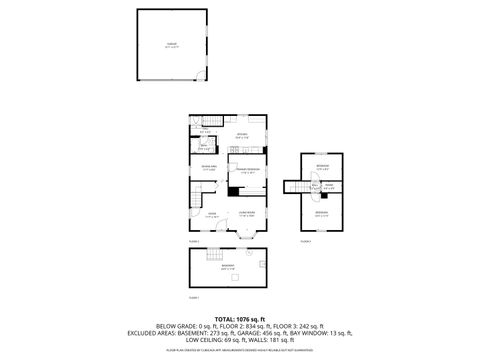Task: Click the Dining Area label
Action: [209, 168]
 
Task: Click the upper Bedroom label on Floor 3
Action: [322, 167]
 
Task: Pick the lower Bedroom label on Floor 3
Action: [322, 212]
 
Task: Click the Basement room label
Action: [228, 267]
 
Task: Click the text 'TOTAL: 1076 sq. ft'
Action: [240, 318]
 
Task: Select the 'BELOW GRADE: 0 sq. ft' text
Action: [186, 327]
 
